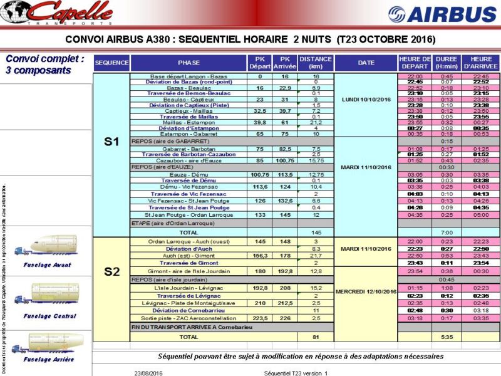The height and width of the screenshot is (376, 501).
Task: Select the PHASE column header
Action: click(189, 63)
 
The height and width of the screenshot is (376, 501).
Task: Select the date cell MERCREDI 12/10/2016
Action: click(366, 291)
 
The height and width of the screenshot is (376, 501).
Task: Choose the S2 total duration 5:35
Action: click(447, 337)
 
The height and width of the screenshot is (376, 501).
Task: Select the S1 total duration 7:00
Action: click(447, 232)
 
